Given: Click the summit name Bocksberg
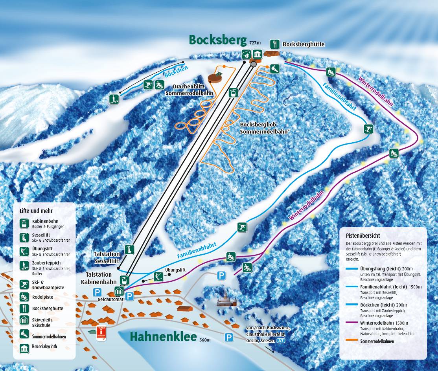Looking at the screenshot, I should [x=218, y=40].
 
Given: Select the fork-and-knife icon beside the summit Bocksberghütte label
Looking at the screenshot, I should [x=275, y=44].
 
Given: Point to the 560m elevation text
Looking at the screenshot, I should [x=205, y=340].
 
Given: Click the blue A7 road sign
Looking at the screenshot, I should [x=281, y=342].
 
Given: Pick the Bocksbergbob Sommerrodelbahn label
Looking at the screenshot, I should [x=265, y=128].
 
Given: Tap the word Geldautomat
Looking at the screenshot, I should [x=111, y=299].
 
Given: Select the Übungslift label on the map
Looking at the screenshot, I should [x=175, y=270].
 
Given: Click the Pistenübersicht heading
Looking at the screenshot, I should [x=363, y=236].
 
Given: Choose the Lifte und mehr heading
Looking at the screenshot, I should [x=36, y=211].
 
